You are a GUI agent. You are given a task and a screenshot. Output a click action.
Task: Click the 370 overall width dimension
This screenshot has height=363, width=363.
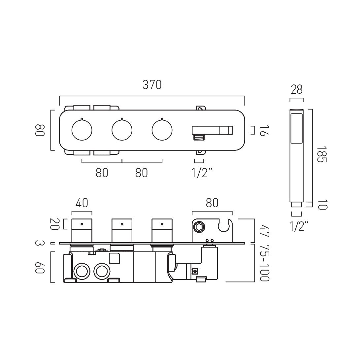tap(152, 85)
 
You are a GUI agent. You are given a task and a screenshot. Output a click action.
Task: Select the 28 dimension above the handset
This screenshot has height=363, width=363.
tap(296, 89)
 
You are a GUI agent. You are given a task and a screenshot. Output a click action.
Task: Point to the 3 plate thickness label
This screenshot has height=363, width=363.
tap(40, 244)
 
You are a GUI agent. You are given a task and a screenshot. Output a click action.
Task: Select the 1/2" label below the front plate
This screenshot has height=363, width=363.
tap(201, 173)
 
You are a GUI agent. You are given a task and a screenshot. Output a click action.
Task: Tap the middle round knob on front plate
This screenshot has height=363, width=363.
tap(122, 130)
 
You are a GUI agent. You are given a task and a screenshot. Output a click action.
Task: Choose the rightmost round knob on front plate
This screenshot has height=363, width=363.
tap(162, 130)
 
